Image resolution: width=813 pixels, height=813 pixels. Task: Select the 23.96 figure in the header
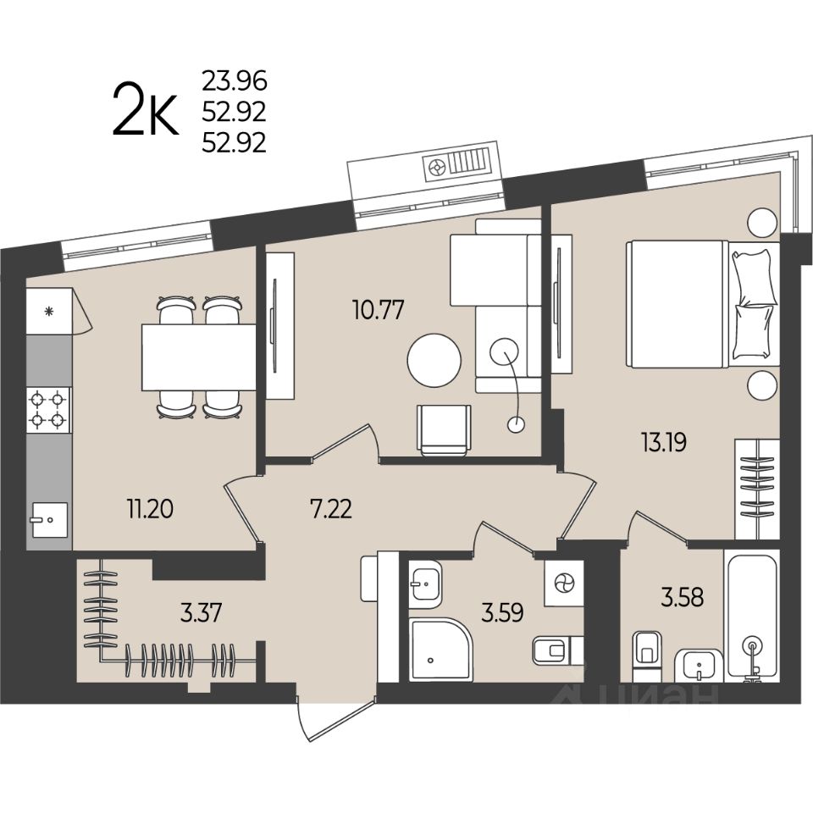pos(235,80)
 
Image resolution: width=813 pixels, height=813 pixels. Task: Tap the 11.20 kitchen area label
pos(151,509)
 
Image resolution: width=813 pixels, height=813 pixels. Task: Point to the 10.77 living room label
pos(378,310)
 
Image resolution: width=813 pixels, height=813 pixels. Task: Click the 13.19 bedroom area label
pos(664,443)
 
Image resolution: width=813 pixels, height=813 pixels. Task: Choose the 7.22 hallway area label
pos(331,509)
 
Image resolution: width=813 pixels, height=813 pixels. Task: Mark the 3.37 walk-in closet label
pos(202,612)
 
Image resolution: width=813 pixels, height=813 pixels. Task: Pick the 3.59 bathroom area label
pos(502,612)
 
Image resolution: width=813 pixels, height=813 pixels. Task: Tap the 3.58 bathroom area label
pos(683,597)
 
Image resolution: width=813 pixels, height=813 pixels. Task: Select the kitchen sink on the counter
pos(49,519)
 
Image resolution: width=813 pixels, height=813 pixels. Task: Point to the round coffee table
pos(434,360)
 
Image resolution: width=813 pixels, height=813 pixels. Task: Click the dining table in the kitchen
pos(199,357)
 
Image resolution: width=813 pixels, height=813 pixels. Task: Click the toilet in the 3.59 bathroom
pos(556,650)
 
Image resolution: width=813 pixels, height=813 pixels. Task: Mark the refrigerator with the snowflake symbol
pos(49,311)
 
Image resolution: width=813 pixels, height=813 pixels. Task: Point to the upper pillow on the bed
pos(754,277)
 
